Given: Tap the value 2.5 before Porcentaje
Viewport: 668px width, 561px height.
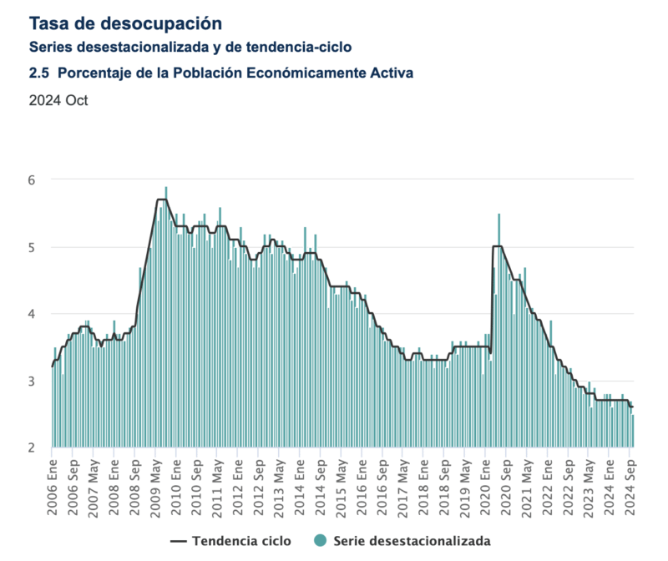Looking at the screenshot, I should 38,73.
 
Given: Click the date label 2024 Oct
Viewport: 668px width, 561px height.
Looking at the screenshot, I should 58,100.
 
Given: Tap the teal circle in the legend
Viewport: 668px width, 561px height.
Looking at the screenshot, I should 319,541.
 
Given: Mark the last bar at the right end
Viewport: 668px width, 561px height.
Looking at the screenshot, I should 633,431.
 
